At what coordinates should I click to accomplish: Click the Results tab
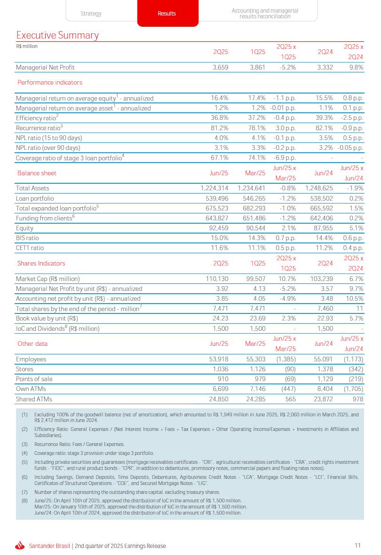click(x=167, y=14)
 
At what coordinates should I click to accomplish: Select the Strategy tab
click(x=91, y=14)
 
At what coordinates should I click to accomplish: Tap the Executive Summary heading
click(x=57, y=35)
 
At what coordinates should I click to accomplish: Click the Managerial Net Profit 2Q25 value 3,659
click(x=220, y=68)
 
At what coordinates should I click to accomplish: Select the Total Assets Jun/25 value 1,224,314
click(x=214, y=188)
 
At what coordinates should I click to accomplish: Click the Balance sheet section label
click(x=37, y=173)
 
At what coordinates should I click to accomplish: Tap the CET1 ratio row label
click(x=30, y=248)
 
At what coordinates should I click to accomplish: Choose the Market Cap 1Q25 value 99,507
click(x=256, y=279)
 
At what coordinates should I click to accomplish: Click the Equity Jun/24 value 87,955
click(x=322, y=228)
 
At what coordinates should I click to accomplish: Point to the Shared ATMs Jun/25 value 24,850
click(x=217, y=399)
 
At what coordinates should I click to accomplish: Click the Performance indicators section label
click(x=50, y=83)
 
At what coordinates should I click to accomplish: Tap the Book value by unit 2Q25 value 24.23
click(x=220, y=319)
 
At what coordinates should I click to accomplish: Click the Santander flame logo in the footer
click(x=20, y=546)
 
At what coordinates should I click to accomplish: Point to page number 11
click(x=357, y=546)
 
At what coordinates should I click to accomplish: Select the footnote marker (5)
click(x=24, y=462)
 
